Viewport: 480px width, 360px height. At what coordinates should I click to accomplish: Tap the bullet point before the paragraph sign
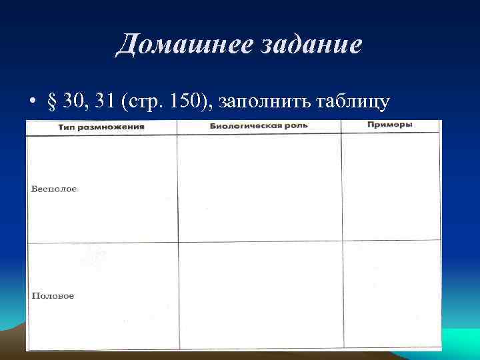31,103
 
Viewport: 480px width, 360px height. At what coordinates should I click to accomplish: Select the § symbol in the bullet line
52,101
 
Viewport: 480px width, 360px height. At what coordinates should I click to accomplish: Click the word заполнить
257,101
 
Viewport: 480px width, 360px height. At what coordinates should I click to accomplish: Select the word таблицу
351,101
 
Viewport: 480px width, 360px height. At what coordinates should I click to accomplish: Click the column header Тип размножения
101,127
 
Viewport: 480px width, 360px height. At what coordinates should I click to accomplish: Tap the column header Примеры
389,125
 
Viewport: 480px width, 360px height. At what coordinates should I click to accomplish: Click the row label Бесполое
54,189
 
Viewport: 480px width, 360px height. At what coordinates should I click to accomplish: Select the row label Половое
53,295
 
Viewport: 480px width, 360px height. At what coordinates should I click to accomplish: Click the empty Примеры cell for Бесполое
391,188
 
